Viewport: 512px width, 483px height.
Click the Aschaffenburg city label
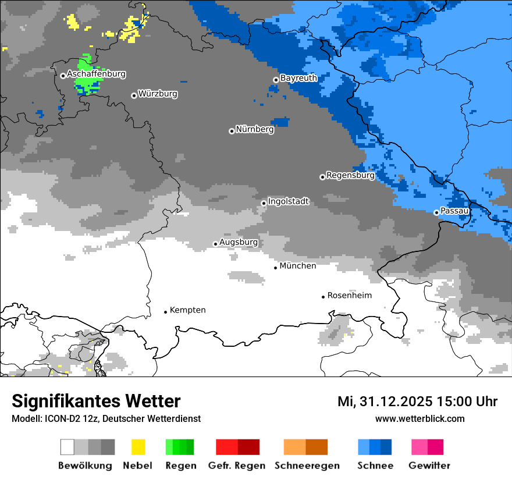(x=96, y=74)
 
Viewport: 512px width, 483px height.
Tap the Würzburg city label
(x=158, y=94)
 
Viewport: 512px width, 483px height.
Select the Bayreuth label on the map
(x=298, y=78)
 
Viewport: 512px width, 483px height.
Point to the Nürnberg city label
(x=254, y=129)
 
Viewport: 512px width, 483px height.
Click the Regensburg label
(x=350, y=175)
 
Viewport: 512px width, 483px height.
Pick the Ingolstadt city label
(x=289, y=201)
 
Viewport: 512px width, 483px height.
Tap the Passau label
(x=454, y=211)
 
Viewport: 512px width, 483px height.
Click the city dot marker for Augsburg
(x=215, y=244)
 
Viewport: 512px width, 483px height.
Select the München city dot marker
(x=276, y=268)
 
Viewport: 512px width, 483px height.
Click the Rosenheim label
(x=349, y=296)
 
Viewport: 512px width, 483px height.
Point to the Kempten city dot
(x=166, y=312)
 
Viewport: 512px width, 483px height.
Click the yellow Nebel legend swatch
(x=138, y=447)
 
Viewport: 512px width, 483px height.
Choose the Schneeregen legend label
(x=307, y=466)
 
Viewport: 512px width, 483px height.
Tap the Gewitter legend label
(x=429, y=466)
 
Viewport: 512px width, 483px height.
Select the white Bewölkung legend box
(x=67, y=447)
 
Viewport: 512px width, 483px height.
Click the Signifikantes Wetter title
(x=96, y=402)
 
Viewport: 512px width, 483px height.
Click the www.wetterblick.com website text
(x=419, y=419)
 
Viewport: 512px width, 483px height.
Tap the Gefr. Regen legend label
(x=237, y=466)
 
